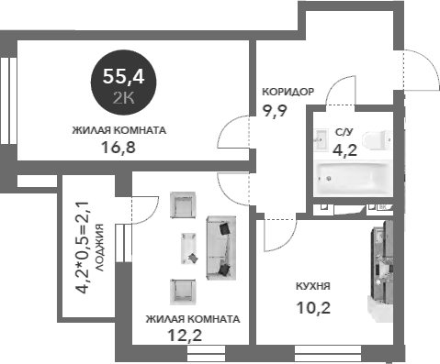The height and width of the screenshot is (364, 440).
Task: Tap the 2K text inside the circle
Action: (122, 95)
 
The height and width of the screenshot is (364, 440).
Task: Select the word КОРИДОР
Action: (288, 92)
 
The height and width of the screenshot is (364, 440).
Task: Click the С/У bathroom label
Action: (344, 132)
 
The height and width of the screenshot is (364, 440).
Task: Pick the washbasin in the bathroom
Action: (321, 139)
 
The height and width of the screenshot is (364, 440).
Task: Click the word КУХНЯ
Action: (313, 285)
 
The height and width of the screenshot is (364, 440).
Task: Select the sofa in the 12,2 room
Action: (220, 248)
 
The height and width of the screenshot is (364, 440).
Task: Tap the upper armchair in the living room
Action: (184, 206)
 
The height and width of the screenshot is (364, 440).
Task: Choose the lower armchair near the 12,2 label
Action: (184, 291)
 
